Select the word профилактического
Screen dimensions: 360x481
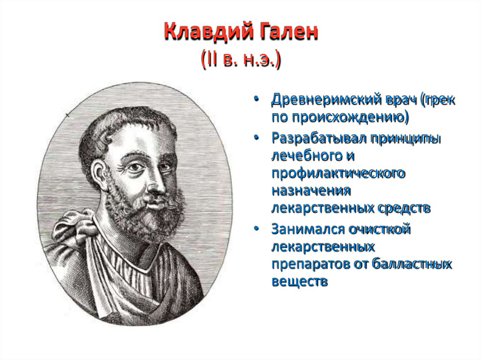pyautogui.click(x=338, y=173)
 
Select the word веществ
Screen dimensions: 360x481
pyautogui.click(x=298, y=282)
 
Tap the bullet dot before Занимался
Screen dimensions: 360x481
pyautogui.click(x=256, y=230)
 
